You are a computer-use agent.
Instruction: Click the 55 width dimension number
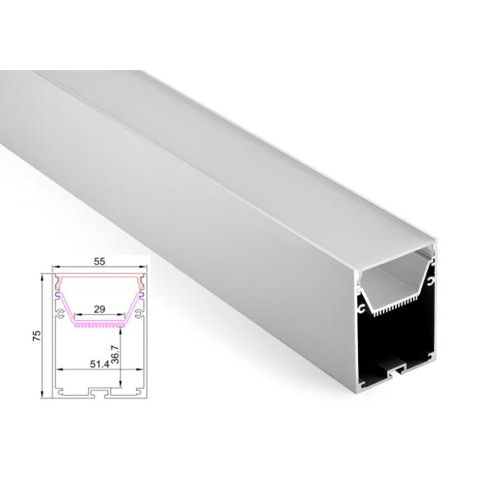(99, 262)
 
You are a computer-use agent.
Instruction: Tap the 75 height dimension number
(37, 336)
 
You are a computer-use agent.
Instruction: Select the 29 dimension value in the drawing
(99, 309)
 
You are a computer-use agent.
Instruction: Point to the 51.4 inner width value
(100, 365)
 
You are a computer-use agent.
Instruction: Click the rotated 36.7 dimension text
(115, 355)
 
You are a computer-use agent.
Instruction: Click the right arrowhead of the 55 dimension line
(143, 266)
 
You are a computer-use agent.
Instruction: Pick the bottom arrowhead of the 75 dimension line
(42, 394)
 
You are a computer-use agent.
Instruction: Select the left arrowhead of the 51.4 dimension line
(60, 369)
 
